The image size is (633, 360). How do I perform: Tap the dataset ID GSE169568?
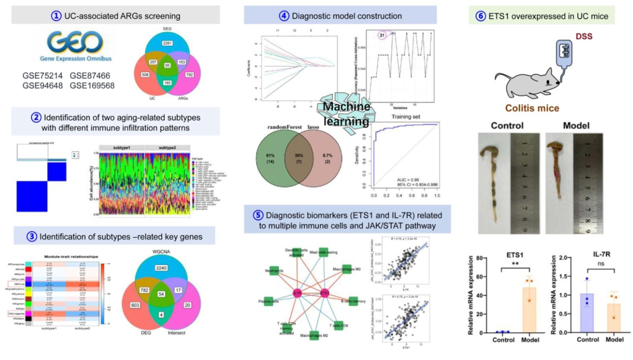pos(93,86)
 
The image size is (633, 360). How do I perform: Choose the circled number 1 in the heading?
pos(56,15)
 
